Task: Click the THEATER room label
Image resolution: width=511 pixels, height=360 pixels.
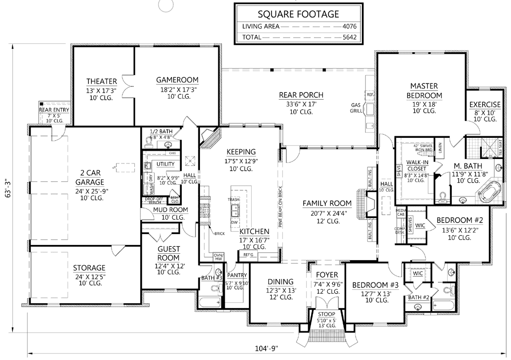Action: click(101, 81)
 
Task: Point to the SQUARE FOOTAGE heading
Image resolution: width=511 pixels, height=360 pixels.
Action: click(298, 14)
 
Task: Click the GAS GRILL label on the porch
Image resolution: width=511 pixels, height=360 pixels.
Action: click(356, 108)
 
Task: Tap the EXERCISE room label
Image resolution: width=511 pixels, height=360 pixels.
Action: click(484, 105)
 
